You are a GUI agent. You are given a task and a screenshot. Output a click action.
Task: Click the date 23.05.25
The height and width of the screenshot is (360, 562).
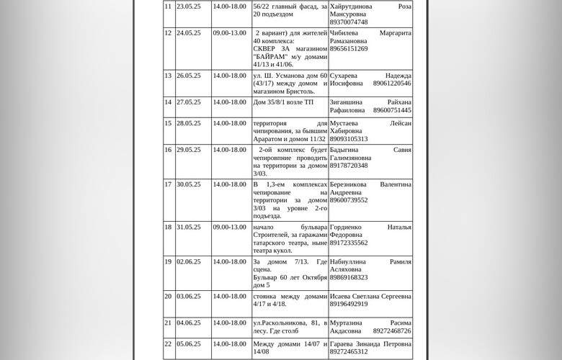[x=189, y=6]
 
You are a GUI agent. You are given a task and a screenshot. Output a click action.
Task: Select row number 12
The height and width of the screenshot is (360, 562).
[x=168, y=33]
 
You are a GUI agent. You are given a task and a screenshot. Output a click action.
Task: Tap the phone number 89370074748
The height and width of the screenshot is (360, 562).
[x=349, y=22]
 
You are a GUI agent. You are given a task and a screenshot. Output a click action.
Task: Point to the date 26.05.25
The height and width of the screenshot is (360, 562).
[x=189, y=76]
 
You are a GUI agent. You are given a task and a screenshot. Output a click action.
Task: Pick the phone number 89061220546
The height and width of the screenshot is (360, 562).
[x=392, y=84]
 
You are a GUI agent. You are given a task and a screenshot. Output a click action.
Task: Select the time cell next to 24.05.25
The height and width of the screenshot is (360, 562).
[x=229, y=33]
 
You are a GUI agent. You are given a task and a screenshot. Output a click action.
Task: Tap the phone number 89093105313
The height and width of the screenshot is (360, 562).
[x=349, y=139]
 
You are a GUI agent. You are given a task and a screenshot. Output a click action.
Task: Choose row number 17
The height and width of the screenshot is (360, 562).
[x=168, y=184]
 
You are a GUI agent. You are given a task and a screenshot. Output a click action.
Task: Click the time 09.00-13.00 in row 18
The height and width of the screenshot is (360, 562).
[x=229, y=228]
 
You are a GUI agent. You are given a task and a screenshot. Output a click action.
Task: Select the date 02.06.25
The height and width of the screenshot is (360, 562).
[x=189, y=262]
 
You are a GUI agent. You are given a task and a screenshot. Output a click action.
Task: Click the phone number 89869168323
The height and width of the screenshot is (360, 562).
[x=349, y=277]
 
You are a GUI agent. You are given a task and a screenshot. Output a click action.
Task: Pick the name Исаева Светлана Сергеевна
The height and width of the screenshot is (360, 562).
[x=370, y=297]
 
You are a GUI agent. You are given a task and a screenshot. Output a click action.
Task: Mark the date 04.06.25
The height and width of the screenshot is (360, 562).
[x=189, y=323]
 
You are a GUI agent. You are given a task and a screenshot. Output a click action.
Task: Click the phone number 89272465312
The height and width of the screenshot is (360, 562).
[x=349, y=352]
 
